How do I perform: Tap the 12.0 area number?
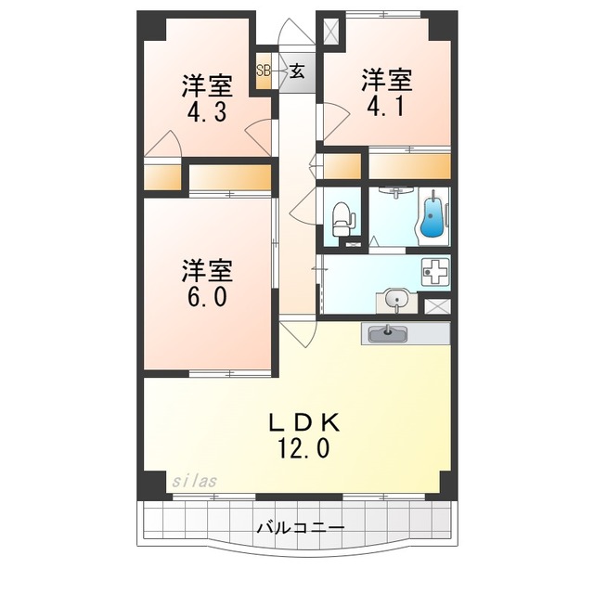click(304, 447)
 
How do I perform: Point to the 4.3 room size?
click(207, 111)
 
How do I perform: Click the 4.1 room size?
click(386, 106)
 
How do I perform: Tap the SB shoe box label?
click(264, 71)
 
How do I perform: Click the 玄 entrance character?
click(297, 71)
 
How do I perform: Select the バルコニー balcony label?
click(301, 527)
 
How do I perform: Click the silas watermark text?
click(194, 481)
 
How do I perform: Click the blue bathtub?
click(433, 216)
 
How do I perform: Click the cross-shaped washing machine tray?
click(435, 271)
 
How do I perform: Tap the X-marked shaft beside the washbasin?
click(437, 306)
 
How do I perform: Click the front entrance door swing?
click(297, 32)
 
